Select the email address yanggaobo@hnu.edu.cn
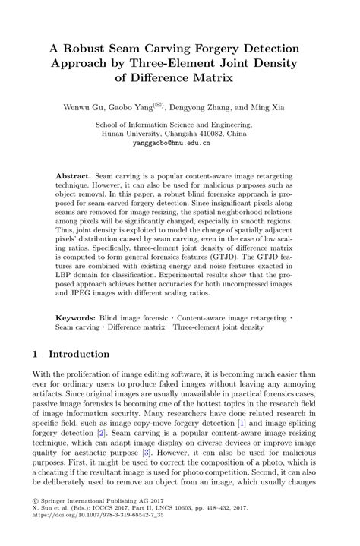click(179, 142)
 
